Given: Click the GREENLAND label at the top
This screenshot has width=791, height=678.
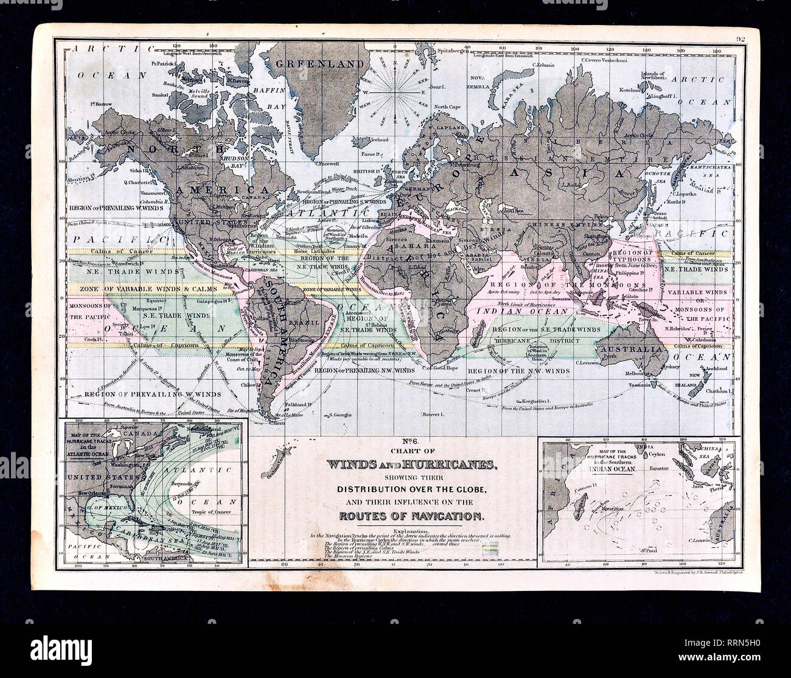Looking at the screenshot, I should (x=307, y=64).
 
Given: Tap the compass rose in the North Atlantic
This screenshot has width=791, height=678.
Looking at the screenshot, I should (x=394, y=95).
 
